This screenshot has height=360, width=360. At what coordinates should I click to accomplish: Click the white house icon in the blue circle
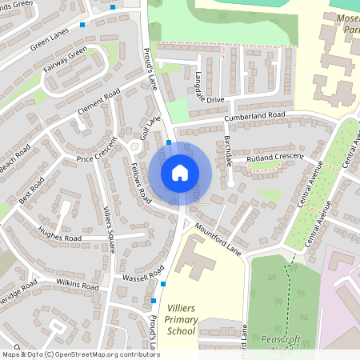180,173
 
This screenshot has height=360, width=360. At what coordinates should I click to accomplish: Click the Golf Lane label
151,127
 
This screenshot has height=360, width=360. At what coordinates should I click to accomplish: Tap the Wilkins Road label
78,285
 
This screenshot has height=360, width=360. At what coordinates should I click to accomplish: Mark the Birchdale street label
229,150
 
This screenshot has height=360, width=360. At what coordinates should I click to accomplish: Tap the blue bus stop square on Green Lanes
82,25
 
